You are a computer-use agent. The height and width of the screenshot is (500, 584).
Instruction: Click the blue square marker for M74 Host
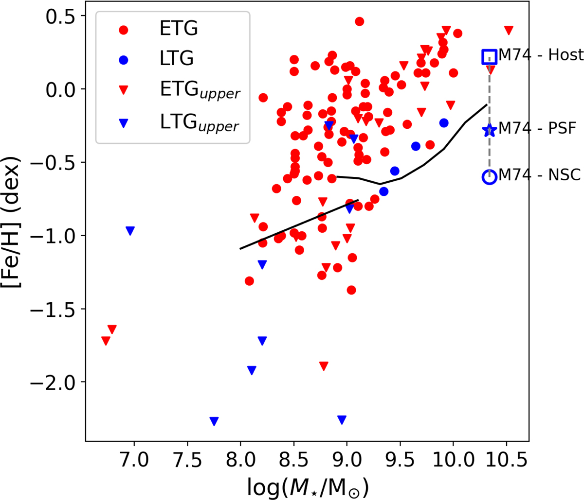(489, 57)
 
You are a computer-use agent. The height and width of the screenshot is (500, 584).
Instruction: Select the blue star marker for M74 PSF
(489, 130)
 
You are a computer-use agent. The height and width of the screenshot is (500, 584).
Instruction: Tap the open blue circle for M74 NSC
(489, 177)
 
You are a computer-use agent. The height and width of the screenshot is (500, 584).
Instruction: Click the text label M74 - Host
(541, 55)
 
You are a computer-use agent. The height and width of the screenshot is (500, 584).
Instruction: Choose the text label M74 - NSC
(540, 175)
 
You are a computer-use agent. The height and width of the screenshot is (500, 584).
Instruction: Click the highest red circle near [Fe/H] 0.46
(359, 21)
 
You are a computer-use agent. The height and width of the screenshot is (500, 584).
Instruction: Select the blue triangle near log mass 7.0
(130, 231)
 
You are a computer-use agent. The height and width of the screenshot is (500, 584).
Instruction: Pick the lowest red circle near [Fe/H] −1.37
(351, 290)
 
